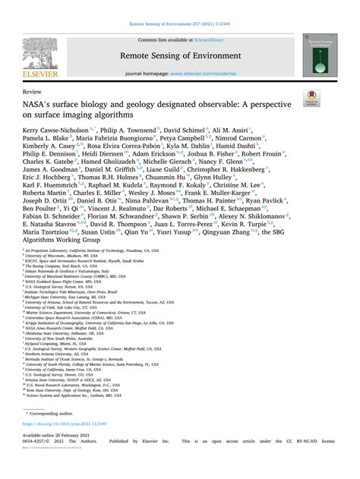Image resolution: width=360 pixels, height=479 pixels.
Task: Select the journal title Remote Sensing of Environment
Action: (179, 55)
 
